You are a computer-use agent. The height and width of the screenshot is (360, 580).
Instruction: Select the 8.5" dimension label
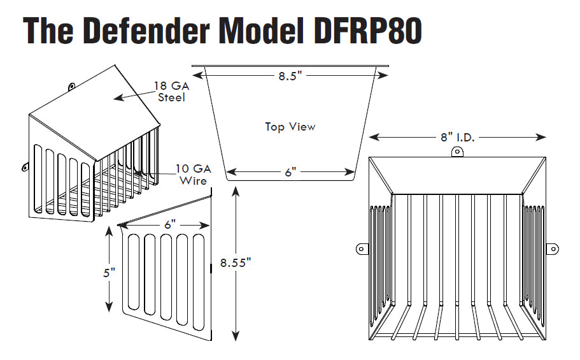[290, 76]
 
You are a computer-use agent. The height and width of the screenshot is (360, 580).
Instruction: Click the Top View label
[290, 127]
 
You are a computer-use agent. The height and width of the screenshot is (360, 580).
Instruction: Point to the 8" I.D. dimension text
[457, 136]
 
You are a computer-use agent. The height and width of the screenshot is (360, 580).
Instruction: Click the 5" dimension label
[110, 272]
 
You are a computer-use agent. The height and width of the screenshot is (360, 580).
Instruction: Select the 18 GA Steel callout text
[171, 91]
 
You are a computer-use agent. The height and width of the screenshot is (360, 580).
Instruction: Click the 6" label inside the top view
[290, 173]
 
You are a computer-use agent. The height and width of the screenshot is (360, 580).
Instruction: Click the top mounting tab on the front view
[456, 151]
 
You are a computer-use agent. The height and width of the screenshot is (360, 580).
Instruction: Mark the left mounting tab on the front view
[361, 248]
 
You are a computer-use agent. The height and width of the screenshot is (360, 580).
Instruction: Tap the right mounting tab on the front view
[553, 248]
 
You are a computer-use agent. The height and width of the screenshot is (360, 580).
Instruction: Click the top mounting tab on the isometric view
[71, 85]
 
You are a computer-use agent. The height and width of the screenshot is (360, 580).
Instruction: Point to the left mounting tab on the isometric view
[25, 167]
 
